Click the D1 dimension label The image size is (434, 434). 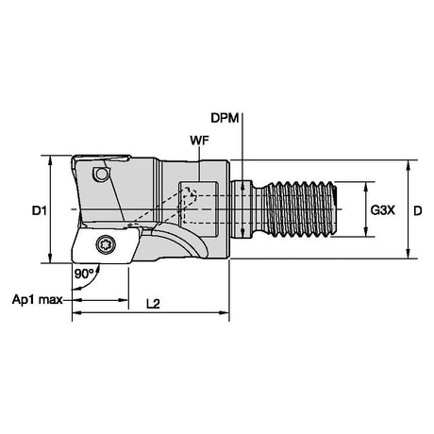(40, 210)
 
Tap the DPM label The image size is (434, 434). (225, 118)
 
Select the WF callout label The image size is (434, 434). (199, 141)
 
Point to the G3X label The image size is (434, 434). (382, 210)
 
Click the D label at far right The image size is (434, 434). (417, 210)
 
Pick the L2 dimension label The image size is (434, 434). (153, 304)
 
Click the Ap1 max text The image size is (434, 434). (37, 299)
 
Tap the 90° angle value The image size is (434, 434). (83, 274)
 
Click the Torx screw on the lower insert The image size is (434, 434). (106, 244)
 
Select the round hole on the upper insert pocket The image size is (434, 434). (101, 174)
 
